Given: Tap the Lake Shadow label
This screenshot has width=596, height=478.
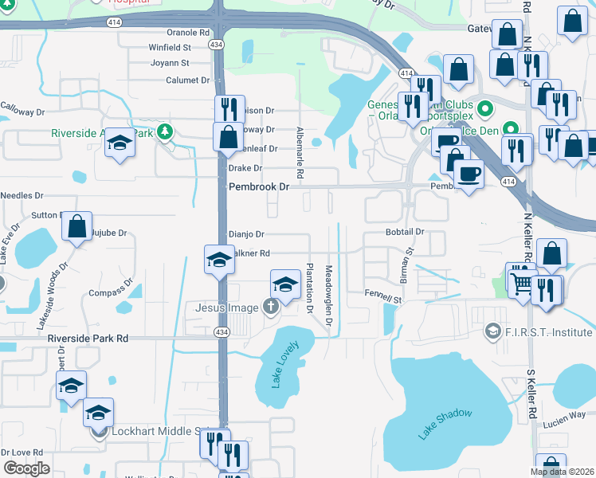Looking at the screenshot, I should click(445, 424).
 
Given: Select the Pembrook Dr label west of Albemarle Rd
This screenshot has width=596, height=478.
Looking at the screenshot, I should click(257, 186).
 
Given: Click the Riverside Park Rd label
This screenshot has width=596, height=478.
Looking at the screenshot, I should click(88, 338).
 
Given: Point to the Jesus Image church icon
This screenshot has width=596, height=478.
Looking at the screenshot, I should click(271, 308).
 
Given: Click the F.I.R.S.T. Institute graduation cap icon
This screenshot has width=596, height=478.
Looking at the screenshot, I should click(493, 330).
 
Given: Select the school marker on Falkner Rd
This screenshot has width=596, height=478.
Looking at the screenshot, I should click(219, 259).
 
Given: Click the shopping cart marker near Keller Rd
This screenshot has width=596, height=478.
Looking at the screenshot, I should click(522, 281).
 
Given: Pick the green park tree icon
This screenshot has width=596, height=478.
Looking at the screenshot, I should click(165, 131).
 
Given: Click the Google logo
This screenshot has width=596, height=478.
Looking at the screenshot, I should click(25, 468).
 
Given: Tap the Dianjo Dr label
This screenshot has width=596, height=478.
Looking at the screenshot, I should click(245, 234).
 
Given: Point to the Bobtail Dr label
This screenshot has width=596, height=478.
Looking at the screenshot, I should click(404, 231).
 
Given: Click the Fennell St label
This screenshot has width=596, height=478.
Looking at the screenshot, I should click(383, 296).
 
